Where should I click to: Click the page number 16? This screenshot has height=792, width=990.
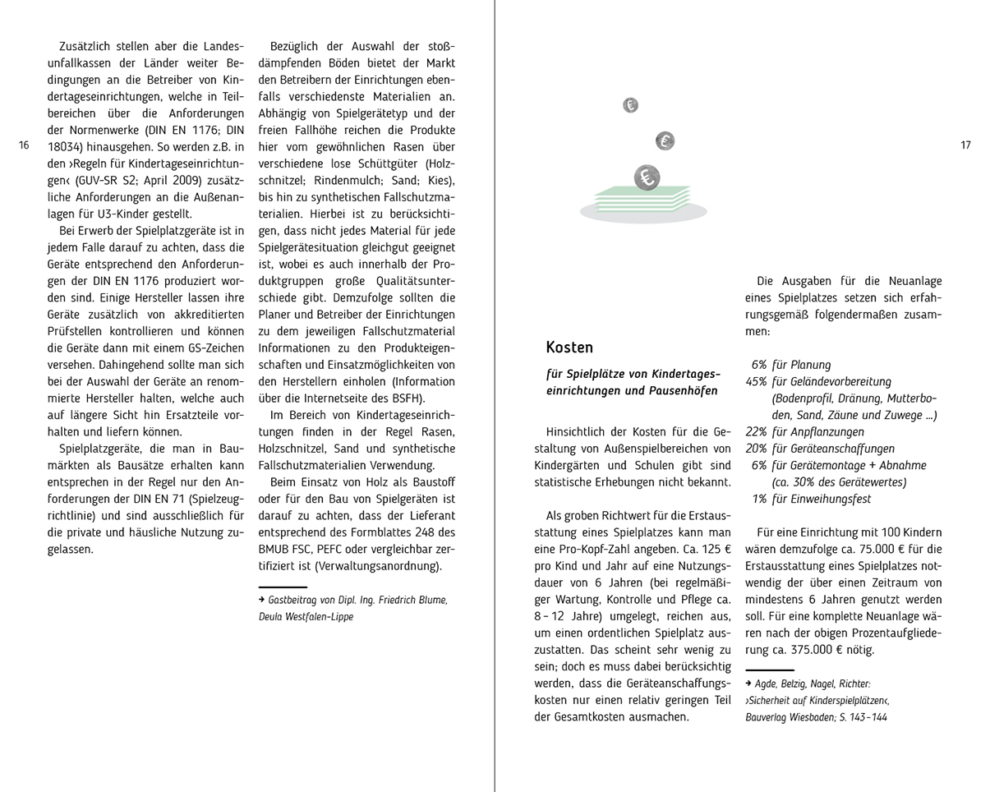[x=23, y=145]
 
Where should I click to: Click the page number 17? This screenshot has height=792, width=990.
[x=965, y=145]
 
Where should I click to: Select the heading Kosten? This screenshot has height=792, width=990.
[x=569, y=348]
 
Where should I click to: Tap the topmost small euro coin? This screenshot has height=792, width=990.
[x=630, y=104]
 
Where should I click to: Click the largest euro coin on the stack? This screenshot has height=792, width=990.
[x=647, y=177]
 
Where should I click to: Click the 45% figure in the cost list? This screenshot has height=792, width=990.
[x=756, y=382]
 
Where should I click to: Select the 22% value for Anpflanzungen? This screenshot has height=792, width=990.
[x=756, y=432]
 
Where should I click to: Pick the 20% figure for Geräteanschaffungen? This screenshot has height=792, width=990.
[x=756, y=449]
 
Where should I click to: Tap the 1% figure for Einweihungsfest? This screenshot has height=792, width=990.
[x=759, y=499]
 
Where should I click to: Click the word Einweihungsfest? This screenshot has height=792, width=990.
[x=830, y=499]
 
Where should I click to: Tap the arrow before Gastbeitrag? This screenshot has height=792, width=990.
[x=262, y=601]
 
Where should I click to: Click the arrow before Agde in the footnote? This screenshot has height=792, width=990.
[x=749, y=684]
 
